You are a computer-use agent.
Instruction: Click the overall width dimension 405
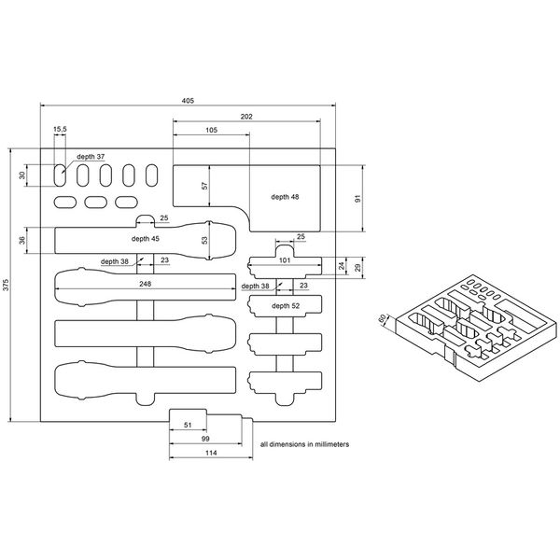pos(188,101)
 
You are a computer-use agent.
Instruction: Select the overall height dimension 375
pos(7,285)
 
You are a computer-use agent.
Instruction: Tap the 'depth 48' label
pos(285,197)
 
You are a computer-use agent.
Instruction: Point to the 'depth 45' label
pos(146,239)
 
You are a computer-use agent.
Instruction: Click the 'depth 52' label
pos(286,306)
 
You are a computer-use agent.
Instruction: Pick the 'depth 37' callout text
pos(91,157)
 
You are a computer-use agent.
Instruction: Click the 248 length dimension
pos(146,284)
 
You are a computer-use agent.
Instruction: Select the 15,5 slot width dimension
pos(60,129)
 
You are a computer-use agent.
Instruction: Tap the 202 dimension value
pos(246,117)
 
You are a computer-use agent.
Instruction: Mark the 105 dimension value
pos(212,130)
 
